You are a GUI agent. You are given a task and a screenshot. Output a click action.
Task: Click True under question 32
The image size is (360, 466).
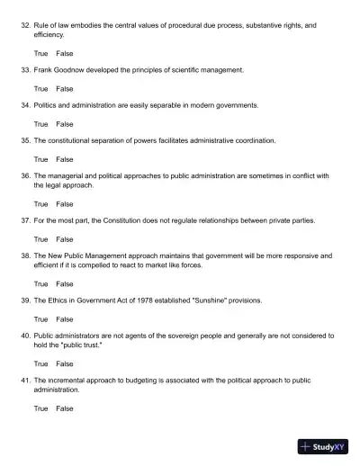click(x=40, y=54)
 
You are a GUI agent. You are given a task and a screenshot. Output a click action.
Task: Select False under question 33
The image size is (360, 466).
click(x=65, y=89)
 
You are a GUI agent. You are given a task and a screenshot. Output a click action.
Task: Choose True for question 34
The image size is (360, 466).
click(x=40, y=124)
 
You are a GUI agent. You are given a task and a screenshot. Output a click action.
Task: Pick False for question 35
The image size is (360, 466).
click(x=65, y=159)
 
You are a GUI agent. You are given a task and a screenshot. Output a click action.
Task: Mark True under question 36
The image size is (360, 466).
click(x=40, y=204)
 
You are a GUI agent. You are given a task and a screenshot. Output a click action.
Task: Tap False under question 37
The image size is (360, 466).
click(x=65, y=239)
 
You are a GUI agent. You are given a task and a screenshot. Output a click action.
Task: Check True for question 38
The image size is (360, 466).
click(x=40, y=283)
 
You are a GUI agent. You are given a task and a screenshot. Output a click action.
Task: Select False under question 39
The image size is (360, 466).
click(x=65, y=318)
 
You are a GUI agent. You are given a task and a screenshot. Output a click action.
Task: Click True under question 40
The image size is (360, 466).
click(x=40, y=363)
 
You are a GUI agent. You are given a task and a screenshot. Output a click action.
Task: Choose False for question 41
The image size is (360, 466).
click(x=65, y=408)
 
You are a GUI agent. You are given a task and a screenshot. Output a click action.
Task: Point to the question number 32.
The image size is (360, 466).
click(x=24, y=25)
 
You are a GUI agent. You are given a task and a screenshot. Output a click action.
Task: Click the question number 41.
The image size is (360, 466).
click(x=24, y=381)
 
